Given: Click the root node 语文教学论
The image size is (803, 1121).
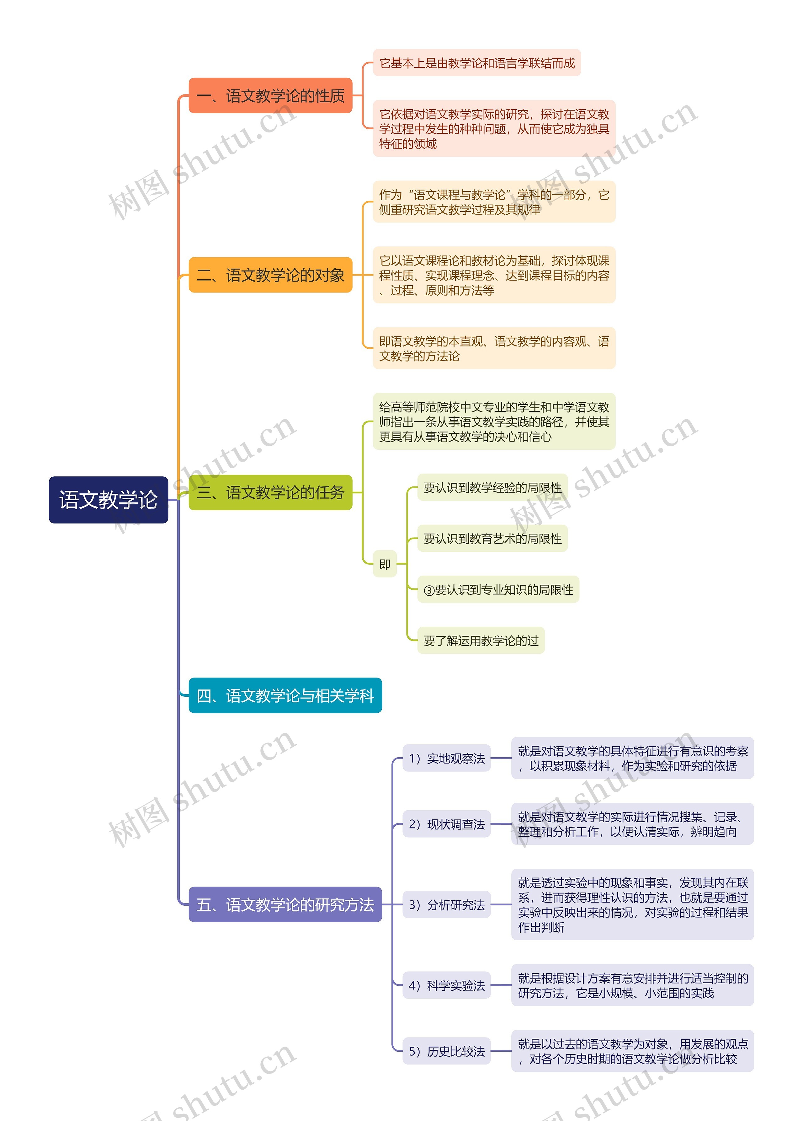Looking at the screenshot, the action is coord(108,500).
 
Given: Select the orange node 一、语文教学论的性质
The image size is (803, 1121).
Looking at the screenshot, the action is coord(270,95).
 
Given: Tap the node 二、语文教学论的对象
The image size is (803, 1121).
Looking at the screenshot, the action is coord(270,275).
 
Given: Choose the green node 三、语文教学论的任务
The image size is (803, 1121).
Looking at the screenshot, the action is coord(270,492).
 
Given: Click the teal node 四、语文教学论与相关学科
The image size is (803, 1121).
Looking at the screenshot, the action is coord(285,695).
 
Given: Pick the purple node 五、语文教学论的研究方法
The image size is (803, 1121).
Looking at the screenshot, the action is coord(285,904).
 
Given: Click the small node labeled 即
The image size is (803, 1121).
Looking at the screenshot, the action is coord(385,564).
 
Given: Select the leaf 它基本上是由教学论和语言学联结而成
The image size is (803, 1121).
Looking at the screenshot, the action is coord(477,63).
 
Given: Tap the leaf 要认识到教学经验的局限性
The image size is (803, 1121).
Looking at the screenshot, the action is coord(492,488).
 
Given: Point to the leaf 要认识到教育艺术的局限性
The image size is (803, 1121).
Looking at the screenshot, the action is coord(492,539).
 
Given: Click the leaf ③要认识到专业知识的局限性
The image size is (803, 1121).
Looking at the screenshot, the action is coord(498,590).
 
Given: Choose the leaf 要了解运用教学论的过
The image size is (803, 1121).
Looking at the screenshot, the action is coord(481,641).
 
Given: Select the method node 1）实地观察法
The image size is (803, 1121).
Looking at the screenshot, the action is coord(446,758).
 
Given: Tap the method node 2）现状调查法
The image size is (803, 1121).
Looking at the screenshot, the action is coord(446,824).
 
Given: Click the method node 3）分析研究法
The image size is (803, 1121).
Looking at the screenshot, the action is coord(446,904).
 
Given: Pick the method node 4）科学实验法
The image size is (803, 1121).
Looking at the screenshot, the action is coord(446,985).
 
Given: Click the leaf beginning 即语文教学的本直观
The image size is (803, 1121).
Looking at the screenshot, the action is coord(494,348).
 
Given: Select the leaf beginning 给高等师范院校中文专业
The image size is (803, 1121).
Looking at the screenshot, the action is coord(494,421).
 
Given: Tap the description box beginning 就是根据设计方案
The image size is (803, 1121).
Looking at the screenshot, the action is coord(632,985).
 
